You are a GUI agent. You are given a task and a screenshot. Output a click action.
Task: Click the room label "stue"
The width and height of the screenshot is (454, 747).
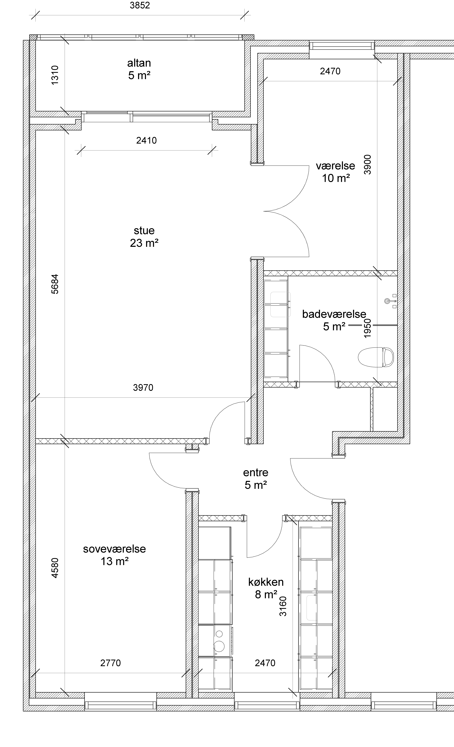point(144,231)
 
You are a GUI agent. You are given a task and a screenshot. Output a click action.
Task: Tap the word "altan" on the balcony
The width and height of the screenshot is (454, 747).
point(139,63)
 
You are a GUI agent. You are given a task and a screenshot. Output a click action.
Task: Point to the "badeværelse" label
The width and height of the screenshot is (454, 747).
point(334,314)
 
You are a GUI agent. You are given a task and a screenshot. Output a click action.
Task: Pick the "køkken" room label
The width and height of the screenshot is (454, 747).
point(266,582)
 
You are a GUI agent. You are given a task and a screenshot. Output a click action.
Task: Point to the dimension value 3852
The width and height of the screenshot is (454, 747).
point(140,6)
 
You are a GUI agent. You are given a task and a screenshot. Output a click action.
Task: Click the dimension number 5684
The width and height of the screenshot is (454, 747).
point(55,284)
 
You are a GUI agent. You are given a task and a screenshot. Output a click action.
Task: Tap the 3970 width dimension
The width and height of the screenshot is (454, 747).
point(143,387)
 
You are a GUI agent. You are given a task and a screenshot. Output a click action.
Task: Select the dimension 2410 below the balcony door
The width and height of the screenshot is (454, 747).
point(146,140)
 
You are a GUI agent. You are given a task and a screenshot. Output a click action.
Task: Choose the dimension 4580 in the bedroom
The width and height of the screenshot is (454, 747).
point(55,568)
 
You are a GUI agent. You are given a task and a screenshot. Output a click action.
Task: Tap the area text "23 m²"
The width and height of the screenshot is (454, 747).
point(144,243)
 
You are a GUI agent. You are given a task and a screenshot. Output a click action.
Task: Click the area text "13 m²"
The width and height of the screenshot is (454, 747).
point(115,562)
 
